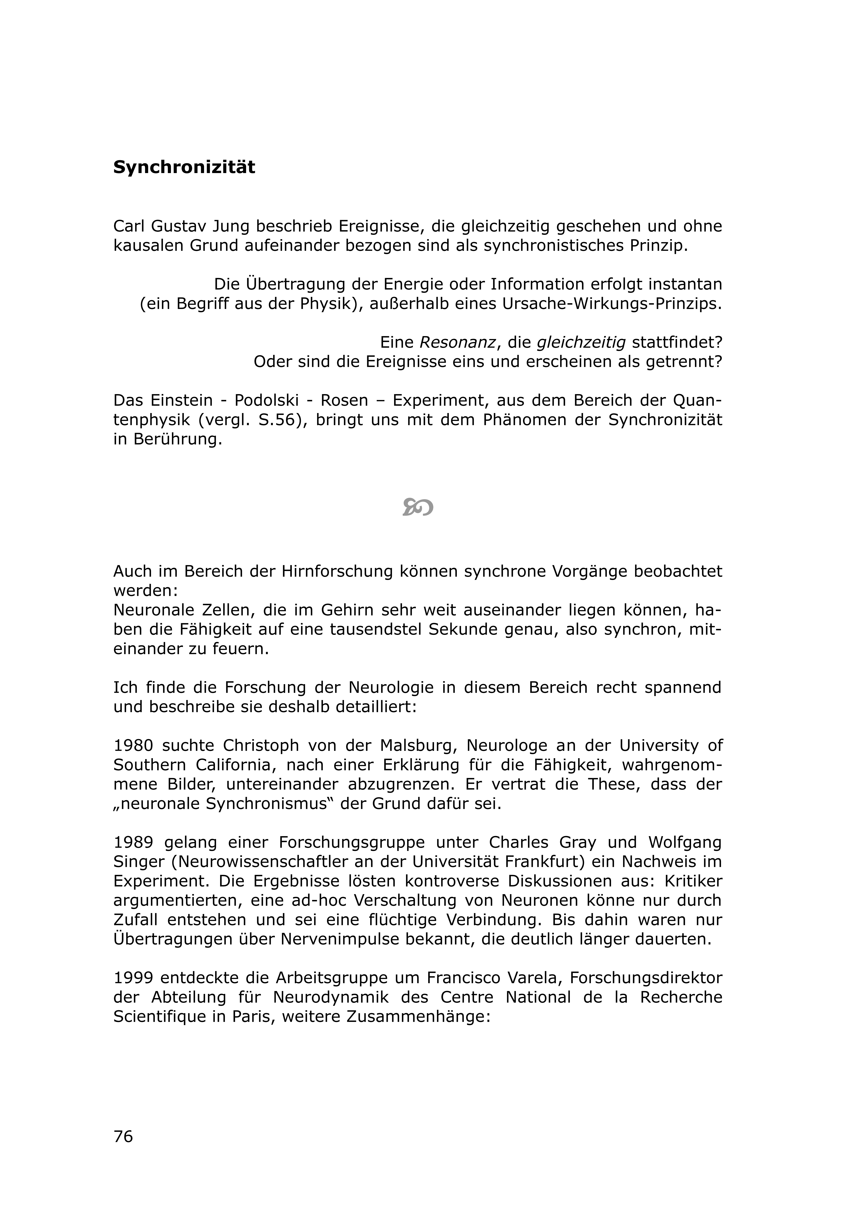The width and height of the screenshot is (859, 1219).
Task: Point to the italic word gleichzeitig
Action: coord(581,342)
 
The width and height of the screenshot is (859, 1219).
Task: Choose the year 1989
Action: coord(133,842)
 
